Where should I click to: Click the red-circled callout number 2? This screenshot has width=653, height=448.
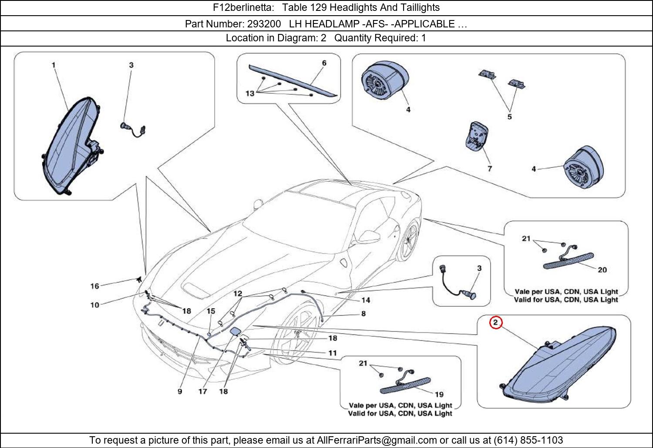[496, 323]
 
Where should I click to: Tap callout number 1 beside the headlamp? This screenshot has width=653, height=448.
[54, 65]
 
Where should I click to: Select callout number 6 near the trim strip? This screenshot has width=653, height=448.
[324, 63]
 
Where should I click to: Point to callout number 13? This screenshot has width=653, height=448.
[249, 94]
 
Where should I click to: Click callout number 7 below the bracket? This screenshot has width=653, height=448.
[490, 168]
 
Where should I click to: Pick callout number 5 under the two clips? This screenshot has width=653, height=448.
[509, 117]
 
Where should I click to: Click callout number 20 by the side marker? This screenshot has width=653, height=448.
[602, 270]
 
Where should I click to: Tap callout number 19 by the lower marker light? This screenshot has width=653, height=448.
[439, 394]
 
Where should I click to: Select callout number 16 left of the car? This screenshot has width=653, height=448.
[94, 286]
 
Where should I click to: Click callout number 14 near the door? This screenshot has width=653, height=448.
[366, 300]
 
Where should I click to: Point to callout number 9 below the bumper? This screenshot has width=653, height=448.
[180, 391]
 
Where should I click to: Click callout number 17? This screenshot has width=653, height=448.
[203, 391]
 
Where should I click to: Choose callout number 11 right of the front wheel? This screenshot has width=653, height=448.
[333, 353]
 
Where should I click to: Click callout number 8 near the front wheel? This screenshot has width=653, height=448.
[363, 313]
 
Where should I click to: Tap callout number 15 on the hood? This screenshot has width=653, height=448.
[211, 311]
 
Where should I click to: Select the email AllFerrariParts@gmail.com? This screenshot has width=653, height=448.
[377, 440]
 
